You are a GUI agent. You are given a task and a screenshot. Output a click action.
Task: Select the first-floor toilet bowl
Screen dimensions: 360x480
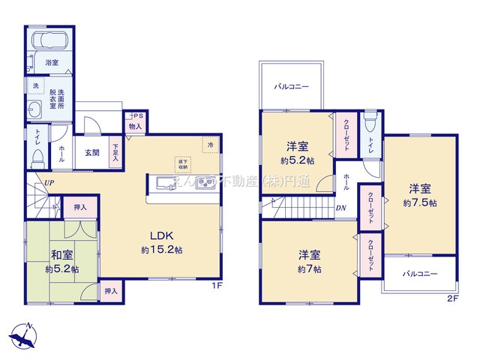pyautogui.click(x=38, y=157)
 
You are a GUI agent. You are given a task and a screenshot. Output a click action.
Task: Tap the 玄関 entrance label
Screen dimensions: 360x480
pyautogui.click(x=91, y=152)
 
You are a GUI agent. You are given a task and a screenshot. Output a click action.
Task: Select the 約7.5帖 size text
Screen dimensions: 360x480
pyautogui.click(x=421, y=202)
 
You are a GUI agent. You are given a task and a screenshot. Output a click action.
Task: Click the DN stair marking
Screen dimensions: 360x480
pyautogui.click(x=340, y=208)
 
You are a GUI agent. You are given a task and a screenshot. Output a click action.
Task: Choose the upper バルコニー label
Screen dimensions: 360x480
pyautogui.click(x=290, y=86)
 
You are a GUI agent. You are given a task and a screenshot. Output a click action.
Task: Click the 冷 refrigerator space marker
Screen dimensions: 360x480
pyautogui.click(x=211, y=144)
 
